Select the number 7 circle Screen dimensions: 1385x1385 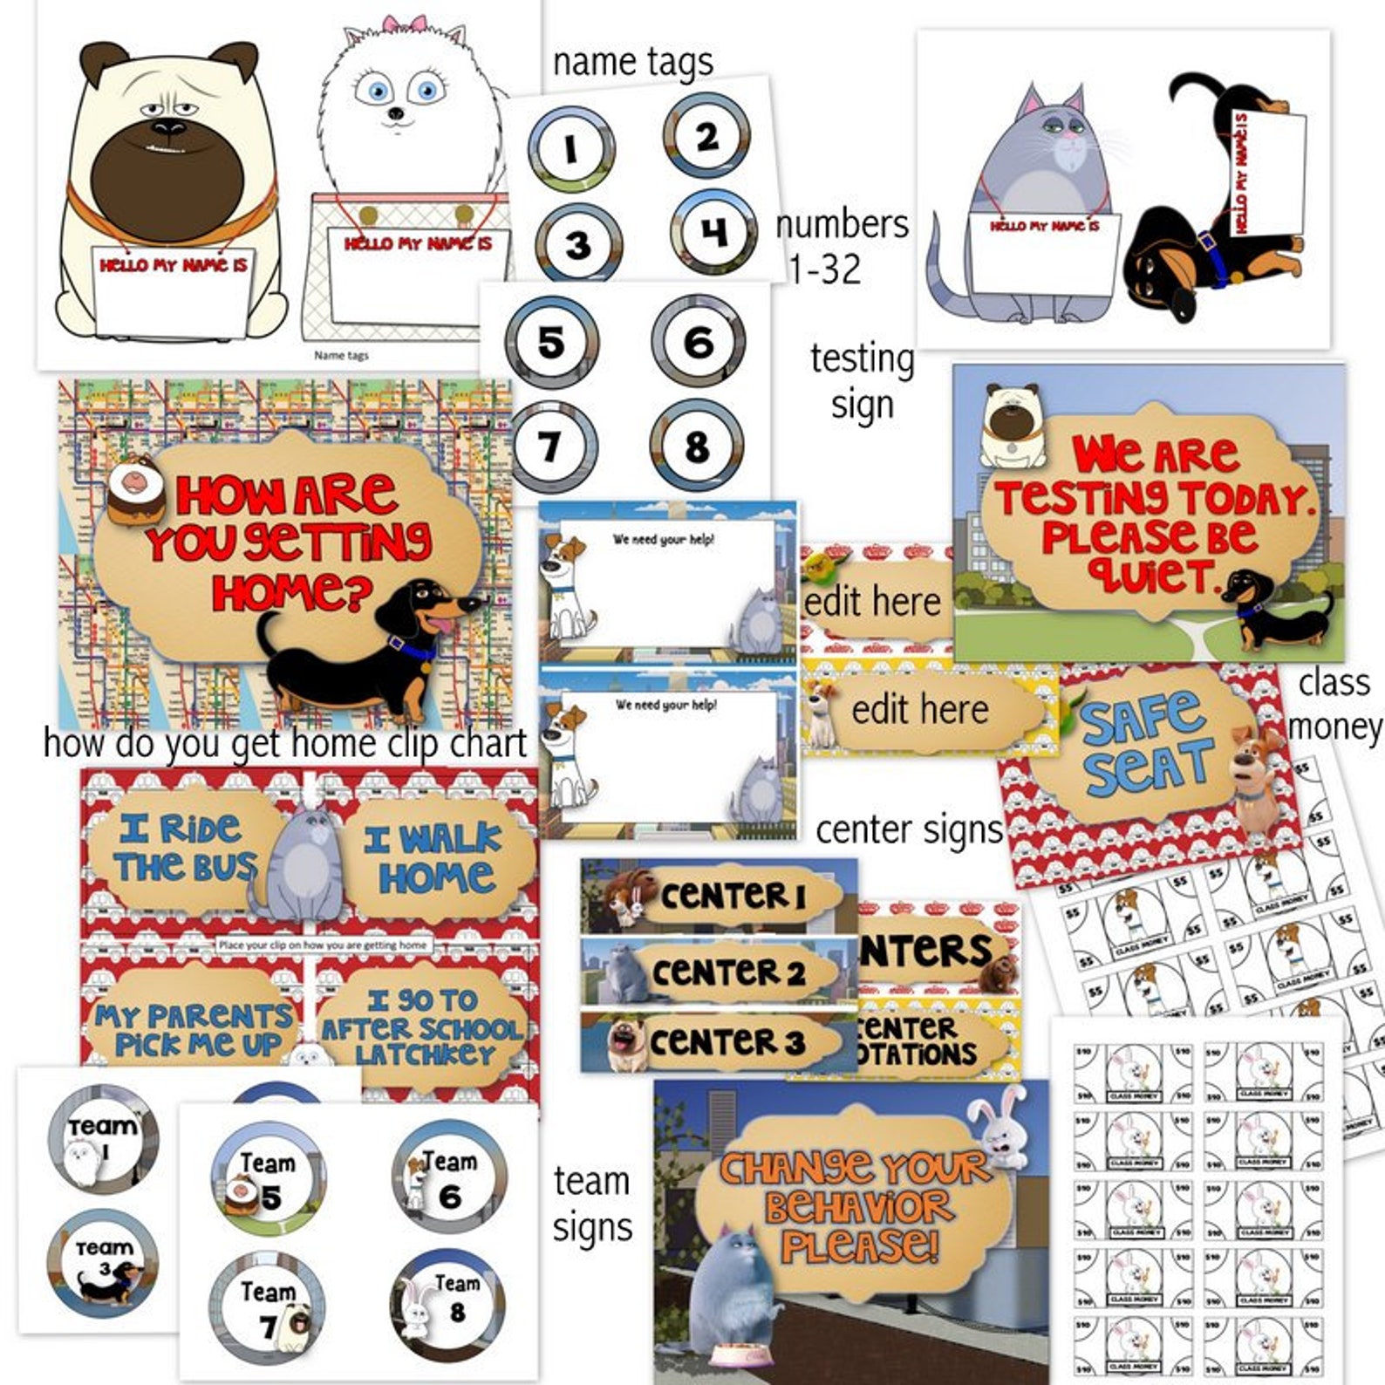(550, 447)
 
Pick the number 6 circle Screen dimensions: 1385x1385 (698, 341)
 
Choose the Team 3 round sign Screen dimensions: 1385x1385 (103, 1262)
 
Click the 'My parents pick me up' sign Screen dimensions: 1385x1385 (194, 1029)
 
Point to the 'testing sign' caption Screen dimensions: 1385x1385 (862, 382)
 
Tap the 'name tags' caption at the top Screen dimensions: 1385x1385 (632, 62)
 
